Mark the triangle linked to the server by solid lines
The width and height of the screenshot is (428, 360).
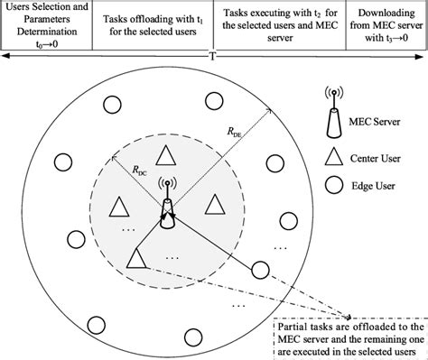[x=137, y=259]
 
